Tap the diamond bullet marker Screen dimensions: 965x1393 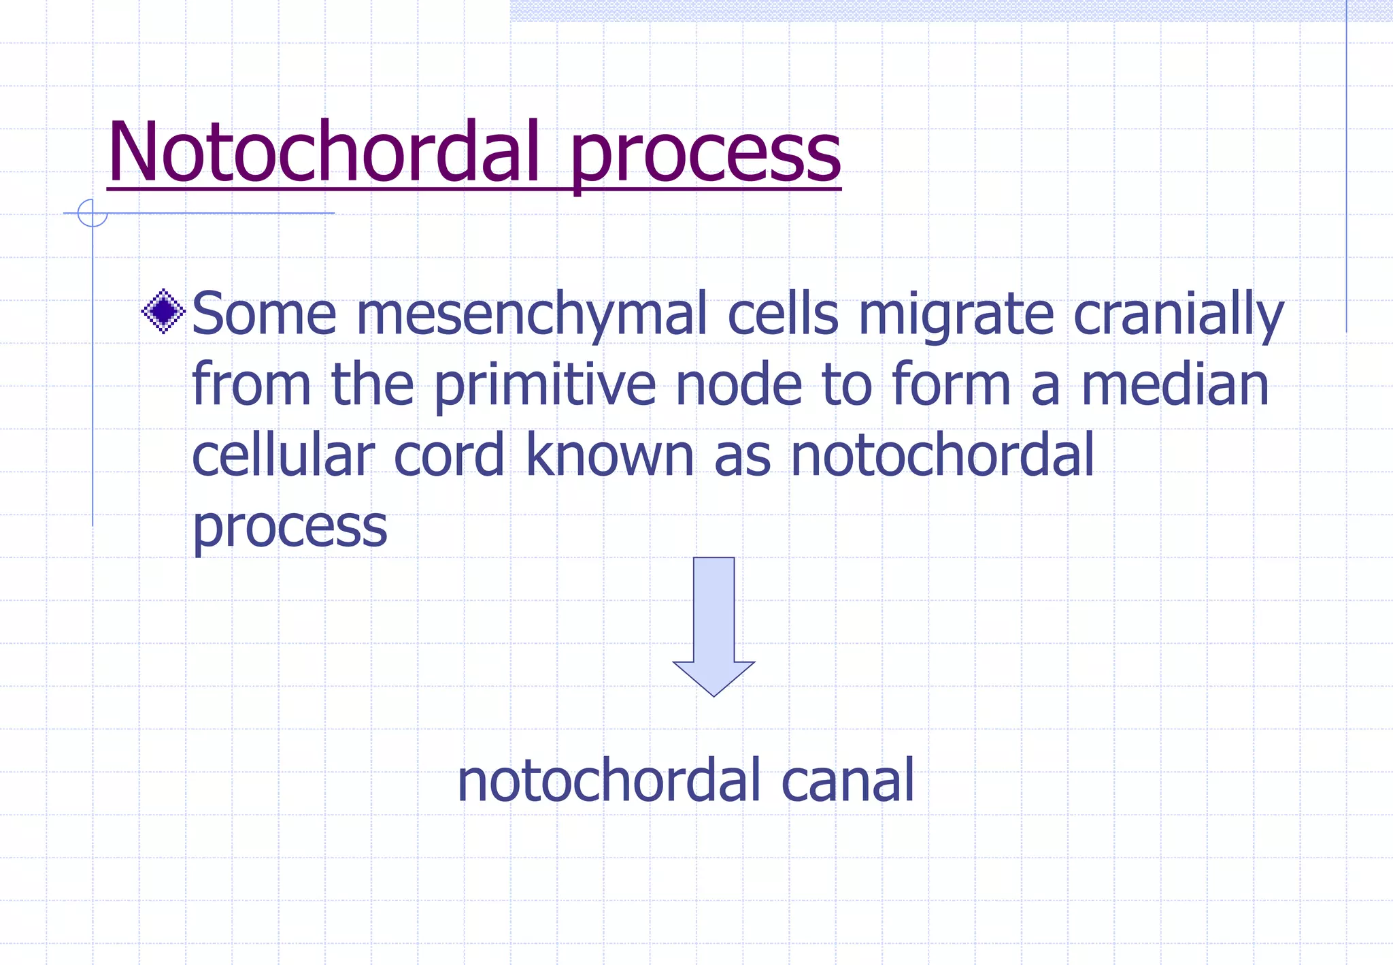163,312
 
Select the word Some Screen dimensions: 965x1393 265,314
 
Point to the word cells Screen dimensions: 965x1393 783,314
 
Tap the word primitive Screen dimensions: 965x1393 545,387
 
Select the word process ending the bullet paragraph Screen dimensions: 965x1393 290,528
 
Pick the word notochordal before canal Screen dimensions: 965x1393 609,781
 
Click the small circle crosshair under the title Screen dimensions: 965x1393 93,213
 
